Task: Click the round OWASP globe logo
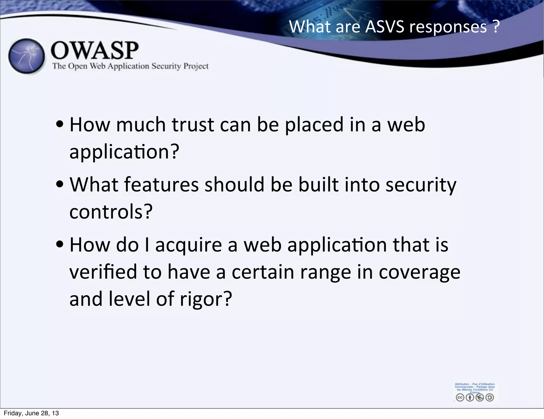[27, 56]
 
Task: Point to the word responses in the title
[448, 27]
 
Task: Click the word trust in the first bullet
[193, 125]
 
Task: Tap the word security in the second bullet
[421, 185]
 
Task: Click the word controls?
[111, 212]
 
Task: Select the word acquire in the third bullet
[188, 245]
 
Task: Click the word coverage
[419, 273]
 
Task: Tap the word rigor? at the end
[206, 299]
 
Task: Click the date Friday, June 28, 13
[31, 413]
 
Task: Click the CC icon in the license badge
[460, 397]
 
